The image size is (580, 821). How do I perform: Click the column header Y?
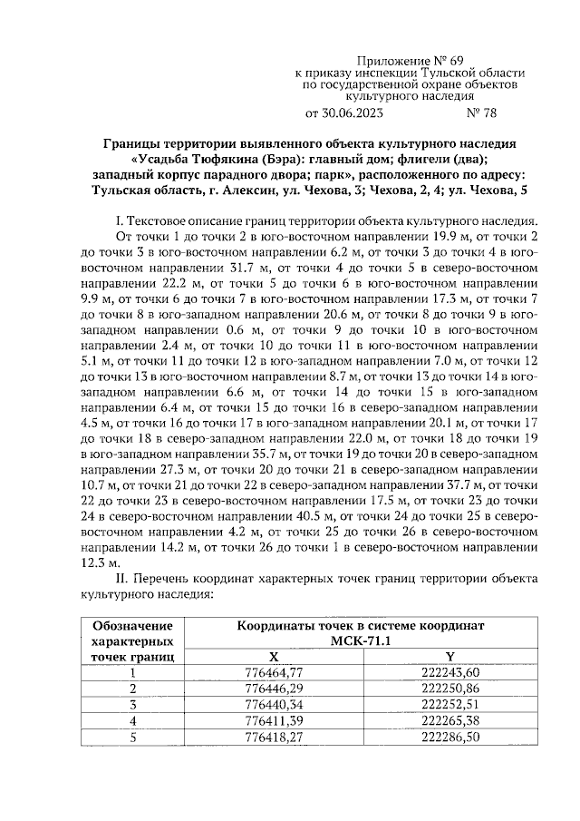tap(450, 657)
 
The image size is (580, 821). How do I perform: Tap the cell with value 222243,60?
tap(450, 672)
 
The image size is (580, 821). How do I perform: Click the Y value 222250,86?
tap(450, 689)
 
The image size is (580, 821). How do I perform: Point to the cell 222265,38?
tap(450, 720)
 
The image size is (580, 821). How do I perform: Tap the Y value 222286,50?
tap(450, 736)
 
